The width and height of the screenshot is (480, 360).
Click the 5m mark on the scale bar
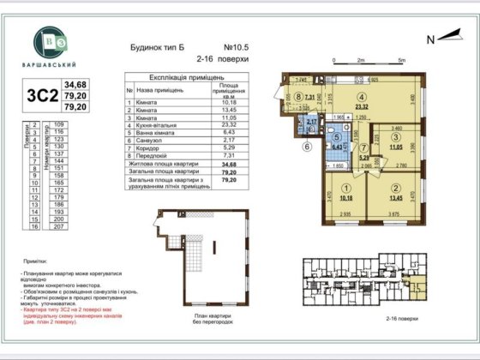[x=402, y=60]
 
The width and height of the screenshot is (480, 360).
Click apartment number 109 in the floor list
[x=58, y=124]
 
